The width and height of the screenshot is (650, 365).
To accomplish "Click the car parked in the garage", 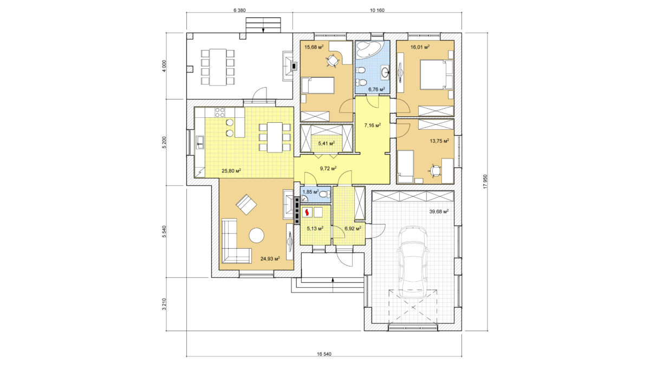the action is (x=413, y=262).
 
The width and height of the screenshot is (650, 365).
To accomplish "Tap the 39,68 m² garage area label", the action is (x=439, y=211).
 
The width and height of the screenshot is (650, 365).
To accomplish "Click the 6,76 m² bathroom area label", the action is (x=376, y=89).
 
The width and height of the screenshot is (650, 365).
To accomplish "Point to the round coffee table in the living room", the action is (x=257, y=235).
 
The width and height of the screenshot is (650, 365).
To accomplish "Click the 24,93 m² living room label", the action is (x=270, y=258).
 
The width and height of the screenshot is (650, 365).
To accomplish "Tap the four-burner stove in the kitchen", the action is (x=219, y=112).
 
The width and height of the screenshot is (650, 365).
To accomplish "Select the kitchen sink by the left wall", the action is (x=200, y=142).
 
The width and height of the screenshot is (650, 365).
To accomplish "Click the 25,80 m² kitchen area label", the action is (x=231, y=171).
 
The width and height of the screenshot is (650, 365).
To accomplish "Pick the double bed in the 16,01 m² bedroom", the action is (x=437, y=75).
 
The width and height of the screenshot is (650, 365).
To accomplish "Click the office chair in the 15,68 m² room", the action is (x=332, y=61).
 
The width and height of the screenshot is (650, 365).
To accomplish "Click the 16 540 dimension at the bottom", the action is (x=324, y=354).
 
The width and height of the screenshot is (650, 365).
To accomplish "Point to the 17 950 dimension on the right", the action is (x=485, y=182).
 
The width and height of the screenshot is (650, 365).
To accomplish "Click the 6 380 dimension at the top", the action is (x=239, y=10).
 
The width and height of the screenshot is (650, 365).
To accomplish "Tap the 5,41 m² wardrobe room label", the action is (x=327, y=143).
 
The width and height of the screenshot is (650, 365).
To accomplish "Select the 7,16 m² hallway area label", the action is (x=373, y=125).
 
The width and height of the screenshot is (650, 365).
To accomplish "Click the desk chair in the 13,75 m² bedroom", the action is (x=434, y=170).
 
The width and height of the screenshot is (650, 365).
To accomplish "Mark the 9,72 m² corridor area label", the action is (x=328, y=168).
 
